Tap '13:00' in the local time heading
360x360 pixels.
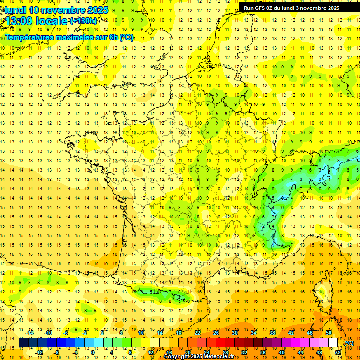pos(19,22)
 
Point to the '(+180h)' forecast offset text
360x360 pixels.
pos(83,21)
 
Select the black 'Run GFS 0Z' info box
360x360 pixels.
pos(298,7)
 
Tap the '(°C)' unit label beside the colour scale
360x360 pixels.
pos(349,343)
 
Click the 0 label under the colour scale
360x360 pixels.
pos(93,352)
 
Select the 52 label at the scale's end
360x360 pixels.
pos(338,352)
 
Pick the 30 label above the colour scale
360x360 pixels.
pos(234,333)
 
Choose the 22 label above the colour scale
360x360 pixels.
pos(197,333)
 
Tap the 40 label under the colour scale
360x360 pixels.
pos(282,352)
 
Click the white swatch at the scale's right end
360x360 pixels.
pos(333,343)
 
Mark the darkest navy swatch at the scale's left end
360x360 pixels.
pos(23,343)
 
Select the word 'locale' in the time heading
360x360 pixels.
pos(52,22)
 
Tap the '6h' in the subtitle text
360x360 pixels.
pos(112,37)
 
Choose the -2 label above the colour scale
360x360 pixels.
pos(85,333)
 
